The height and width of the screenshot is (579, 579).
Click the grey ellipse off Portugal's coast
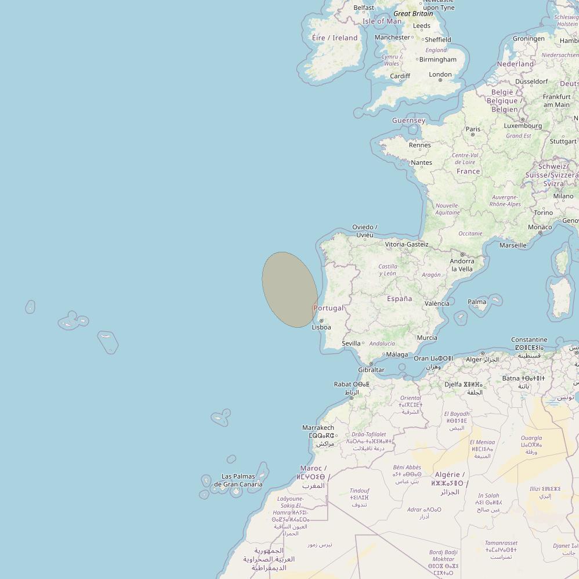(289, 289)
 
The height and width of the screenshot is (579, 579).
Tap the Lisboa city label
(321, 327)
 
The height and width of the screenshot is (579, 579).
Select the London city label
(440, 74)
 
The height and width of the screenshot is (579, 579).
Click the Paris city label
(473, 129)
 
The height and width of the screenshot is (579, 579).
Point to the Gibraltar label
(371, 370)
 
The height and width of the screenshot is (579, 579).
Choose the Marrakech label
(318, 428)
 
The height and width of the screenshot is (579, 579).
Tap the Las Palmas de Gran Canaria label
(238, 480)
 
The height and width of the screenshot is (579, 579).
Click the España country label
(399, 299)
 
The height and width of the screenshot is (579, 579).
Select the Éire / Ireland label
(335, 38)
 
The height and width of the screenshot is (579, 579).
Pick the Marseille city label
(513, 245)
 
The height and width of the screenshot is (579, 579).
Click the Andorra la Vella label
(462, 265)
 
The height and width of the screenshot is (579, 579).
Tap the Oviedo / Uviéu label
(365, 231)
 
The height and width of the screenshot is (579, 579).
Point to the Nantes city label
(421, 162)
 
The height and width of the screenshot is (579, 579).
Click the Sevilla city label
(351, 343)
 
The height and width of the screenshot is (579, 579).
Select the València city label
(437, 303)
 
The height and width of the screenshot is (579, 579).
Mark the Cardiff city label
(400, 76)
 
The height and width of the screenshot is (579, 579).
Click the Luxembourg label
(523, 125)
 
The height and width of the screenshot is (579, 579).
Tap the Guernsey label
(408, 121)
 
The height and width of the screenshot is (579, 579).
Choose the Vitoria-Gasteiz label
(407, 244)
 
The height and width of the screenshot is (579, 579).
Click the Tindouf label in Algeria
(359, 491)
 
